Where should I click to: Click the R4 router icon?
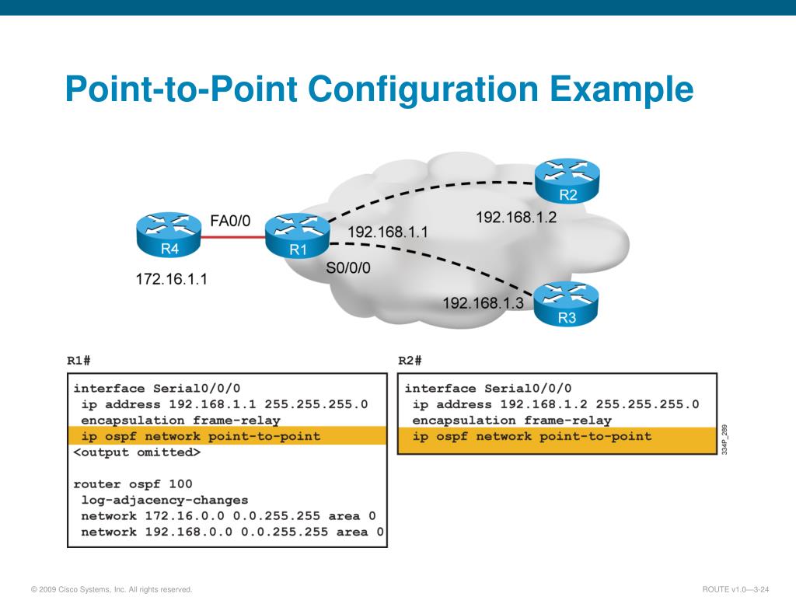(169, 236)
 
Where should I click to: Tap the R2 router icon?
(567, 182)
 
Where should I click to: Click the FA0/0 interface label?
(231, 221)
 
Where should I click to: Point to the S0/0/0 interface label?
(348, 268)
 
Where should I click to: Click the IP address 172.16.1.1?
(171, 278)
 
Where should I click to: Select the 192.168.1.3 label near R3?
(484, 303)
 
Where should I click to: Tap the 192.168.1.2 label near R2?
(516, 217)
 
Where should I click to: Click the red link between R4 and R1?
(230, 237)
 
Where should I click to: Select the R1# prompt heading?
(79, 361)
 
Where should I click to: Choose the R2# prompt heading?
(410, 361)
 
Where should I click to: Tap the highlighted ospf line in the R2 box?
(532, 436)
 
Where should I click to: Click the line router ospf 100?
(133, 484)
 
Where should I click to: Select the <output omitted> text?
(137, 452)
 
